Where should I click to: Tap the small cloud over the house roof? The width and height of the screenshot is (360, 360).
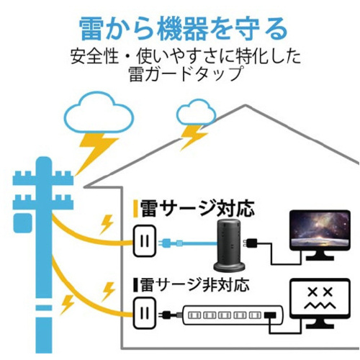pos(197,113)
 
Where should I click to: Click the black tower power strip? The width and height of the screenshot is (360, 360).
pos(229,246)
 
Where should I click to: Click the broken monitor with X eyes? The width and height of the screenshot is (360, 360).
pos(320,304)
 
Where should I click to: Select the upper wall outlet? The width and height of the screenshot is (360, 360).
pos(145,240)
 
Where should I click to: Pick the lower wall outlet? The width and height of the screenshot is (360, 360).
pos(145,312)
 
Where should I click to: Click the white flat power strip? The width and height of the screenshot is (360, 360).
pos(233,315)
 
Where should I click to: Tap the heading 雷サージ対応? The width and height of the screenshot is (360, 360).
pos(197,209)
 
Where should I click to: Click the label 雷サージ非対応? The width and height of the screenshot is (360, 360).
pos(194,285)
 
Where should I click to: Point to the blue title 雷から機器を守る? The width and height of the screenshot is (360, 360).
pos(183,30)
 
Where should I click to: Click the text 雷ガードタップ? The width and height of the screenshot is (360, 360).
pos(185,73)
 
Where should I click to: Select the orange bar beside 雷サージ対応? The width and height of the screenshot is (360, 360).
pos(135,209)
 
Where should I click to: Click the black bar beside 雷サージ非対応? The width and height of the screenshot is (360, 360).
pos(135,285)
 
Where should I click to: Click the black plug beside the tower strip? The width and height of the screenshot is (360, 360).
pos(251,243)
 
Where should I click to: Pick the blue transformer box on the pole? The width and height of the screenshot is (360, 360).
pos(22,223)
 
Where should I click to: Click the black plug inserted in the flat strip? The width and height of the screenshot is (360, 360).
pos(270,315)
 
